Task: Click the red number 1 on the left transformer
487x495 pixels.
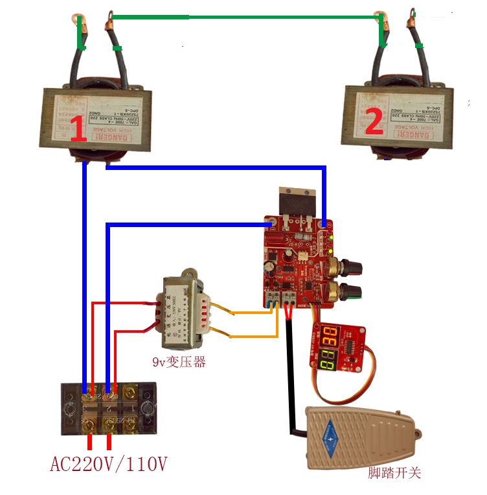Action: [77, 130]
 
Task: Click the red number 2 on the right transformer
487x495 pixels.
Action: [374, 123]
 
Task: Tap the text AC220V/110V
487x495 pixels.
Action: [109, 465]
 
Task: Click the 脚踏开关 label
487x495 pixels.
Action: [394, 472]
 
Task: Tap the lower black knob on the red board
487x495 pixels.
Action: [353, 290]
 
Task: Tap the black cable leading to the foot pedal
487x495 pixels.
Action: [288, 376]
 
